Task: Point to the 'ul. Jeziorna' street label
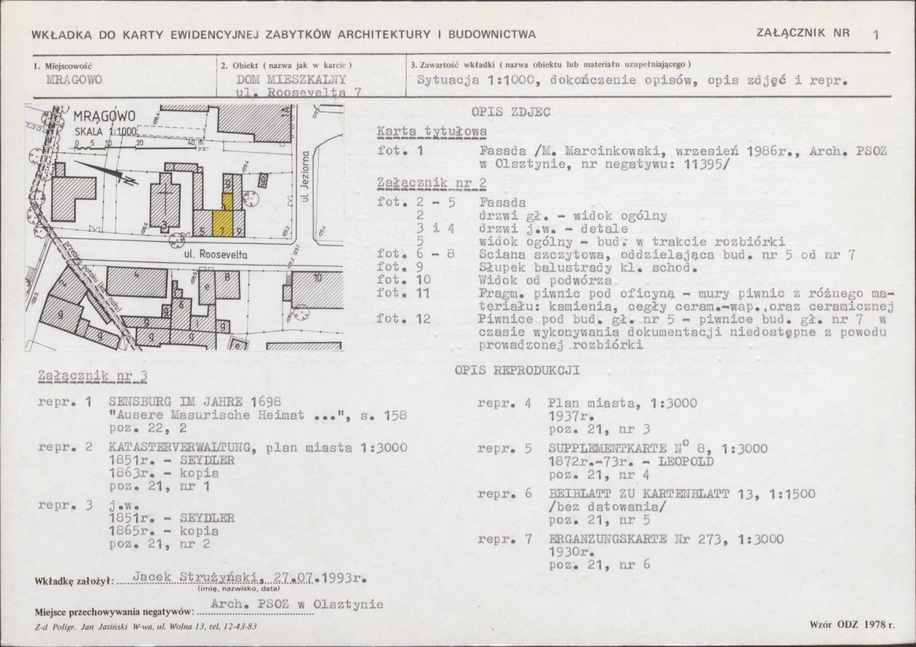pos(304,176)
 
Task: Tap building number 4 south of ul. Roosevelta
pos(138,282)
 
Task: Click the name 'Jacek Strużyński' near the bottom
pos(195,577)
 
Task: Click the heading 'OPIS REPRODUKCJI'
pos(517,371)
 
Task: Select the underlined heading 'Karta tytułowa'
pos(432,132)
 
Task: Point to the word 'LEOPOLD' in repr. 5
pos(686,462)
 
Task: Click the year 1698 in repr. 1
pos(266,402)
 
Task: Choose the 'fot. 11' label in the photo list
pos(404,293)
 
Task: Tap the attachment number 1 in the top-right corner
pos(875,35)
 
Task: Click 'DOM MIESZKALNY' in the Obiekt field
pos(291,80)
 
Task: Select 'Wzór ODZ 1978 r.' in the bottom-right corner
pos(852,624)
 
